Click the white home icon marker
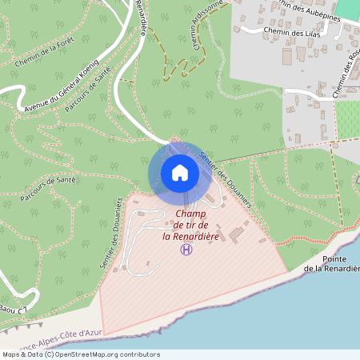179,172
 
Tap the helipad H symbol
186,250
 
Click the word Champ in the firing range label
190,214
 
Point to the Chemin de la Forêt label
44,53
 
